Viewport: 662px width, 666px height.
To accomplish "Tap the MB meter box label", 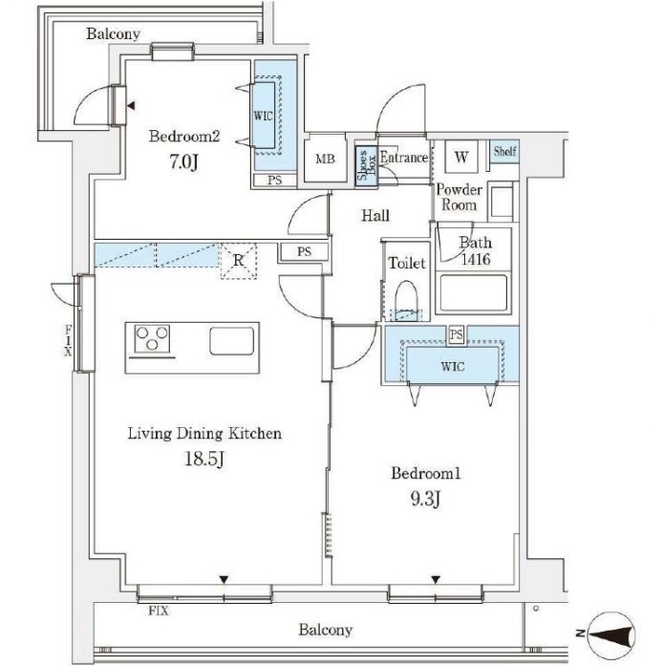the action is (x=325, y=159).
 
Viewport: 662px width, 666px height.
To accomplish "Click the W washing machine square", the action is (x=461, y=157).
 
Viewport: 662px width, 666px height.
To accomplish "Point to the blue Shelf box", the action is (x=505, y=151).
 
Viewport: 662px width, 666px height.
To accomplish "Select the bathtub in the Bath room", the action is (x=474, y=293).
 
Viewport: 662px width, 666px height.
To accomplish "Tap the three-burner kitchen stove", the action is (x=152, y=338).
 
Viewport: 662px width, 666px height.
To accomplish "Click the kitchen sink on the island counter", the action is (x=232, y=341).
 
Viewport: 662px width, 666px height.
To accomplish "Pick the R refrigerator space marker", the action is (x=239, y=260).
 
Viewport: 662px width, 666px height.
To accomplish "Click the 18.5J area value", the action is (x=204, y=459).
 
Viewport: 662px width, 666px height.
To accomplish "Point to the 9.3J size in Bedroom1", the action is (x=425, y=500).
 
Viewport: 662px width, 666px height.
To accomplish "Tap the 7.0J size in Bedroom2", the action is (x=183, y=162).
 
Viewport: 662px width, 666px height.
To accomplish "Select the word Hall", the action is (x=375, y=216).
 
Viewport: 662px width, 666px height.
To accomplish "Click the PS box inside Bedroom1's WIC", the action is (x=457, y=334).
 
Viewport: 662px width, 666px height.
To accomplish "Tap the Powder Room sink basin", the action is (x=502, y=202).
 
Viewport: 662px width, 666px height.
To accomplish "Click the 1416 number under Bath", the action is (x=476, y=259).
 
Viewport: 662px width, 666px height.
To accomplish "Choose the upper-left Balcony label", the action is (x=113, y=34).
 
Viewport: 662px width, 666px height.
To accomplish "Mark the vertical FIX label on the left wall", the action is (x=68, y=341).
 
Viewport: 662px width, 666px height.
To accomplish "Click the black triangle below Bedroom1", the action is (x=436, y=579).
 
